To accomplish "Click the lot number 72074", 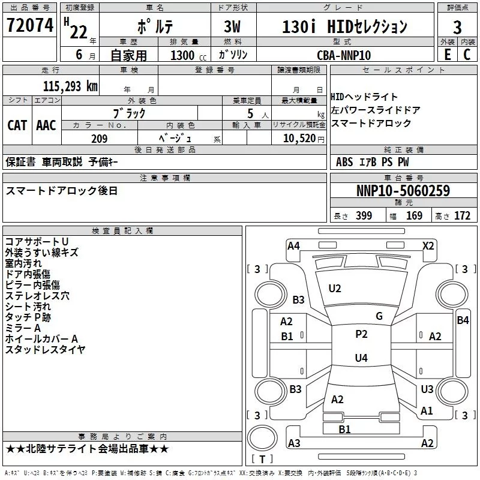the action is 30,25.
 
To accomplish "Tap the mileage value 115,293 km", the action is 70,86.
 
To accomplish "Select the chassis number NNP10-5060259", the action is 403,190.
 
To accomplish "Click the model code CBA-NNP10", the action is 344,55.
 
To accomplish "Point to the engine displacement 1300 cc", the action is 188,55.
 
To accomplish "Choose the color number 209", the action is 99,139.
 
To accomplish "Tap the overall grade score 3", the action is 457,27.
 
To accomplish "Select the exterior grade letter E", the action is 447,55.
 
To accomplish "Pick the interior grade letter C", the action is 467,55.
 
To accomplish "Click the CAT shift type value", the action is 17,125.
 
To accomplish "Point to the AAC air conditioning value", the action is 46,125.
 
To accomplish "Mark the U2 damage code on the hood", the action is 335,289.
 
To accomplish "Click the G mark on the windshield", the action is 379,316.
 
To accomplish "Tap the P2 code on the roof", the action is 361,334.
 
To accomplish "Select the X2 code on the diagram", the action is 428,246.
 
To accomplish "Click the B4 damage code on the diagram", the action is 463,320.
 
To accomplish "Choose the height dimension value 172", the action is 462,216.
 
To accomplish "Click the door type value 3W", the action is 232,26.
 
